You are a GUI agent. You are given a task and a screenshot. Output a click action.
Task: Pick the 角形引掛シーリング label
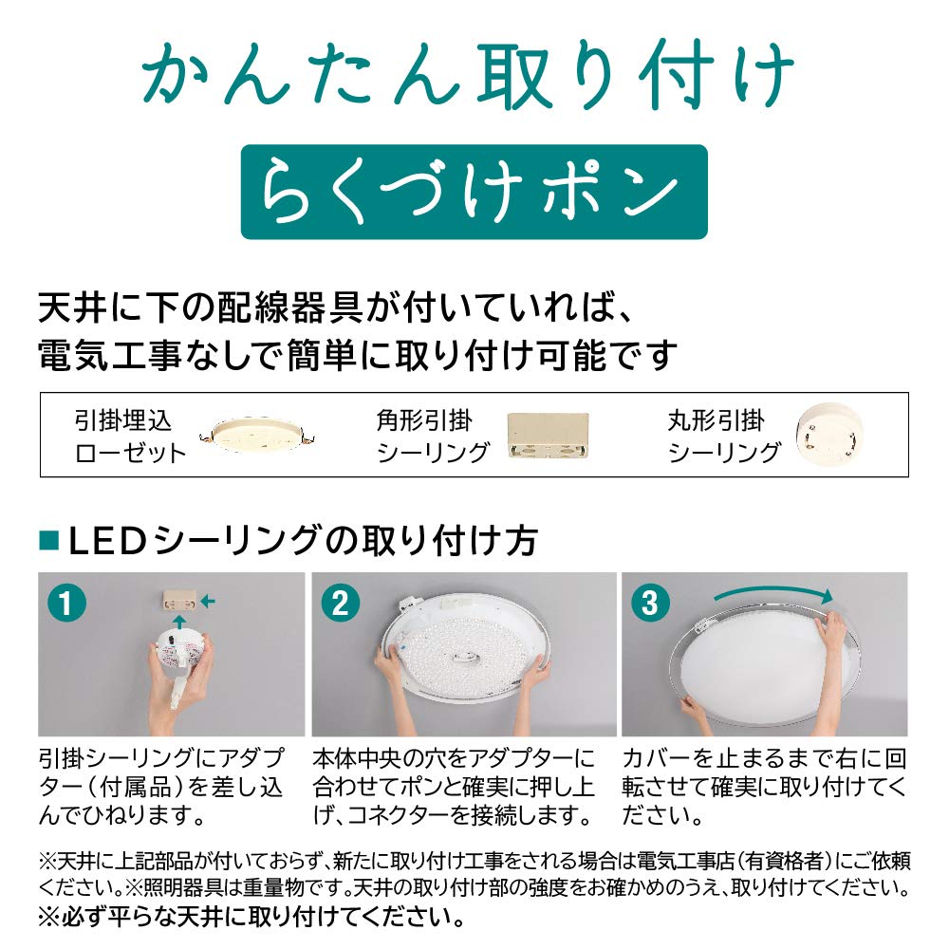click(x=433, y=437)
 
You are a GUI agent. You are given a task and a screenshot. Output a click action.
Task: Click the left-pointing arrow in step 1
click(x=210, y=601)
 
